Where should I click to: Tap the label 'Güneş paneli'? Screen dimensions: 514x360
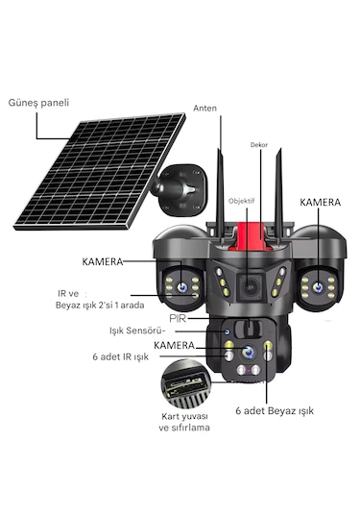(38, 101)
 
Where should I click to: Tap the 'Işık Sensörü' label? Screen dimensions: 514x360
(141, 331)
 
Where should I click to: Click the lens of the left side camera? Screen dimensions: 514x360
(180, 274)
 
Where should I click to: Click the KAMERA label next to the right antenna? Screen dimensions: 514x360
(320, 204)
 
